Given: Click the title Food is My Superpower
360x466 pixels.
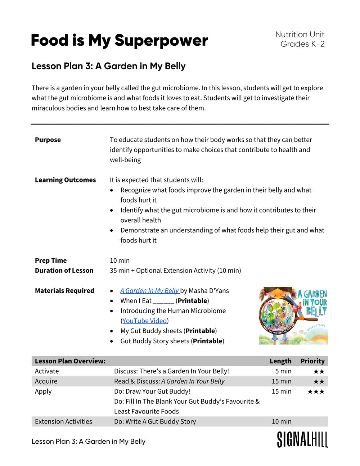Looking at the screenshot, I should tap(119, 40).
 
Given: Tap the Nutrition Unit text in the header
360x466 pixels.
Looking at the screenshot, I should tap(300, 35).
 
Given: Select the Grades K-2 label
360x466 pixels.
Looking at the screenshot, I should tap(302, 44).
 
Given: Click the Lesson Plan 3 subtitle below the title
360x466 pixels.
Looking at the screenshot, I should tap(108, 66).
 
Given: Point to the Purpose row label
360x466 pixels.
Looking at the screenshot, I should tap(48, 140).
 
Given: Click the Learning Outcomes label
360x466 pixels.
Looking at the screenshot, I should tap(65, 180).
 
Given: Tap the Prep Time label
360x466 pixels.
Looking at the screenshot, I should tap(51, 261).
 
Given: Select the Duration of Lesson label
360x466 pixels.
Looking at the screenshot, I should tap(64, 271).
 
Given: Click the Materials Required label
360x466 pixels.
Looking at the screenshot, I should tap(64, 291).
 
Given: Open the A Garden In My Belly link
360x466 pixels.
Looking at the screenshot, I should tap(149, 291).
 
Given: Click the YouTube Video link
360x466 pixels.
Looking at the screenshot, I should tap(144, 321).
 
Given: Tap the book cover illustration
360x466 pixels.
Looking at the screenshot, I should tap(293, 316).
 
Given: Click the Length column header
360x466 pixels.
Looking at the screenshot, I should tap(280, 361).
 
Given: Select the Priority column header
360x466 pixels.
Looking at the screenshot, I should tap(312, 361).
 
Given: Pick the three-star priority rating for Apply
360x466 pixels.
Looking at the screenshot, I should tap(316, 392).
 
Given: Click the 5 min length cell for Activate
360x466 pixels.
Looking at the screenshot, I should tap(283, 371).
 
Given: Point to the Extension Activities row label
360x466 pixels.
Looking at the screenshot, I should tap(63, 422).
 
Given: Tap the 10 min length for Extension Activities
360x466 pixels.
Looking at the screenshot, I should tap(282, 422).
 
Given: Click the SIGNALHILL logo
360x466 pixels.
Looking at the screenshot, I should tap(302, 440).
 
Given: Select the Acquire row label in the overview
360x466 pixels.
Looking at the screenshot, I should tap(46, 381).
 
